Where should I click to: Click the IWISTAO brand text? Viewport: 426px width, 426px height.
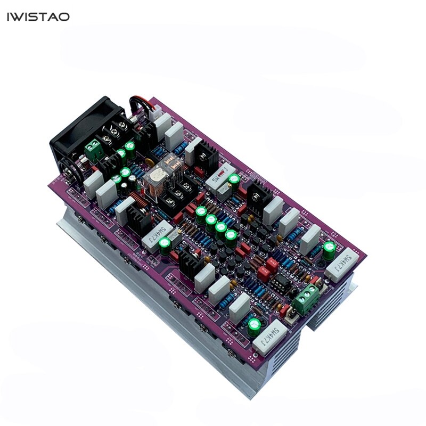[38, 17]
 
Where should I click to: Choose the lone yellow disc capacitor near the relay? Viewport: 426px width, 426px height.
[152, 166]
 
